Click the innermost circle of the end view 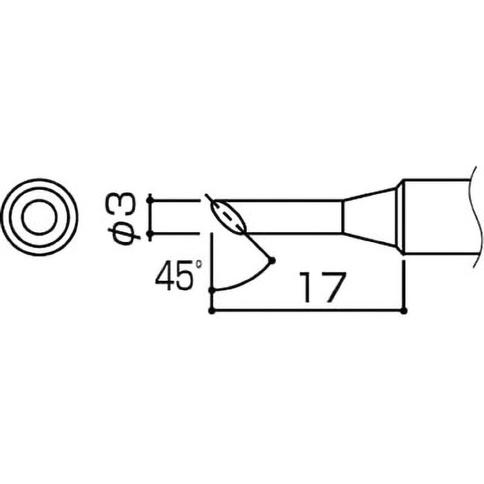(41, 217)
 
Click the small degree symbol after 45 (195, 266)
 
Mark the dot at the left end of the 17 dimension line (211, 311)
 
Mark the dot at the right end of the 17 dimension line (404, 311)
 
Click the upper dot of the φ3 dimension (149, 200)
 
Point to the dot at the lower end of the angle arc (211, 290)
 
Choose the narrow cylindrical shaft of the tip (290, 216)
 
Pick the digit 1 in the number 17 (306, 289)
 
